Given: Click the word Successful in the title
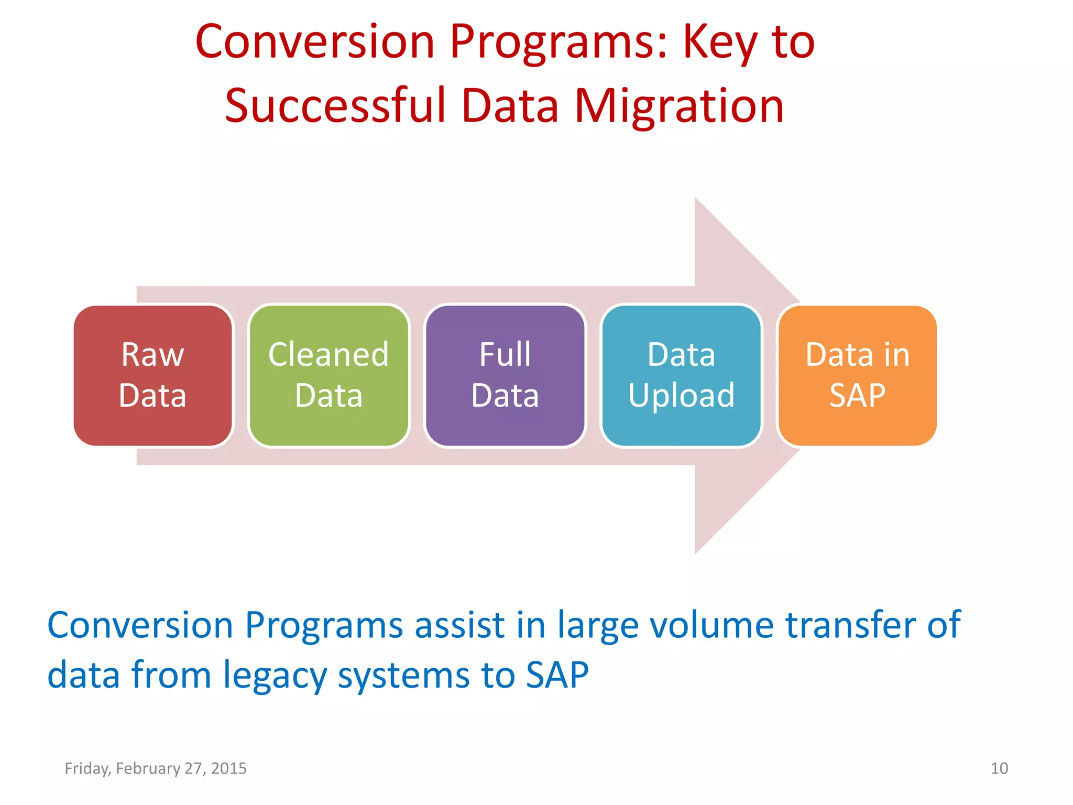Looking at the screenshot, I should [335, 106].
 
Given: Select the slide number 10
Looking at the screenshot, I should [999, 768].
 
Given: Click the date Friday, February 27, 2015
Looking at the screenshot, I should [156, 768].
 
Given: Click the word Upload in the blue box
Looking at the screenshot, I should [681, 395].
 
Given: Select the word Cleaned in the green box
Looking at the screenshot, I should [329, 355].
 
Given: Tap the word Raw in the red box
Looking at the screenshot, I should [152, 355].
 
